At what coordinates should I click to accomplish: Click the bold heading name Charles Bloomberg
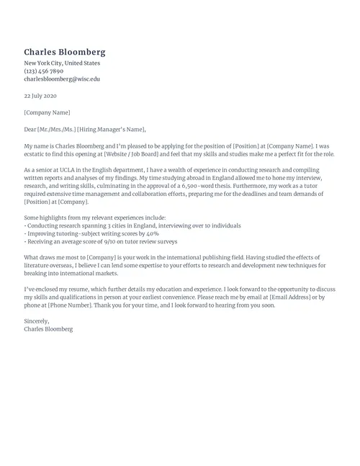[65, 52]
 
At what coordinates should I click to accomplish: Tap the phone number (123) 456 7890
[44, 71]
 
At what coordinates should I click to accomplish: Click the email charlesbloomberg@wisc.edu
[62, 79]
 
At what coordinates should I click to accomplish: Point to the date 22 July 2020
[40, 96]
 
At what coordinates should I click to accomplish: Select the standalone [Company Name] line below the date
[48, 112]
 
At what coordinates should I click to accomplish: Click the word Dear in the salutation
[31, 130]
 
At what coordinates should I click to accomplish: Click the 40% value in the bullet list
[152, 234]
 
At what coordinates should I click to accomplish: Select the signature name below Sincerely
[48, 329]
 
